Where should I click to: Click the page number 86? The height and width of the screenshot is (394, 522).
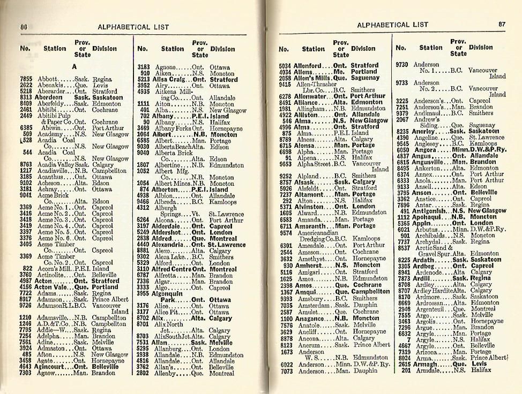click(x=24, y=27)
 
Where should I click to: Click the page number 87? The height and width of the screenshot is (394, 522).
click(x=502, y=24)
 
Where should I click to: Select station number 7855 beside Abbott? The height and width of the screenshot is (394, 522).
click(x=26, y=79)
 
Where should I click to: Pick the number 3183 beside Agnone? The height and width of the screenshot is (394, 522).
click(x=143, y=67)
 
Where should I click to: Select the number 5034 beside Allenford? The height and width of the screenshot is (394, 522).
click(x=285, y=65)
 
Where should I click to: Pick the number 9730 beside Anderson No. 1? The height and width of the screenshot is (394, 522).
click(x=402, y=64)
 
